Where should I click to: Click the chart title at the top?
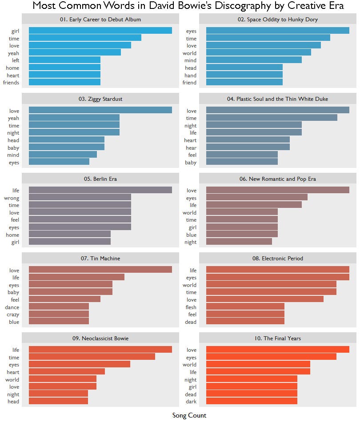click(x=188, y=6)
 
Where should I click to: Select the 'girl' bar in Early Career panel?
click(x=100, y=31)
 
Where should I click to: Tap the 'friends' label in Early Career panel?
click(x=11, y=83)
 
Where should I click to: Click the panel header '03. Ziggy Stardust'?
click(x=100, y=99)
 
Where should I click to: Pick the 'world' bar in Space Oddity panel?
click(x=258, y=53)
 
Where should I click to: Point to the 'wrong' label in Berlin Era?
click(x=12, y=198)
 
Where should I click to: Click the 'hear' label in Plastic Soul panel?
click(x=191, y=148)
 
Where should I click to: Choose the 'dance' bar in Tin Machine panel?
click(x=59, y=307)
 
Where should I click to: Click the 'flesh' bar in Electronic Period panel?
click(x=245, y=307)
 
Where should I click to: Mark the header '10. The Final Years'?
click(x=277, y=338)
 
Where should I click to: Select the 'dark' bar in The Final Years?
click(x=252, y=402)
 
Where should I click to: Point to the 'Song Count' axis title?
click(x=189, y=416)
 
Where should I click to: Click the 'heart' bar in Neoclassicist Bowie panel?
click(x=67, y=372)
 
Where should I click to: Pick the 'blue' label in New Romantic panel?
click(x=191, y=235)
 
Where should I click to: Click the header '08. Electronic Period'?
click(x=277, y=259)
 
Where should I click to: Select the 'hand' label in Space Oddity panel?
click(x=191, y=76)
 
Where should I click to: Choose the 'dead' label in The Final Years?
click(x=191, y=394)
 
